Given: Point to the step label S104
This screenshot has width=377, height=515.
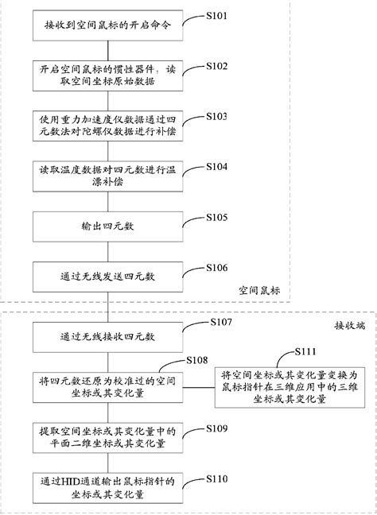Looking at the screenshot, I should click(217, 167).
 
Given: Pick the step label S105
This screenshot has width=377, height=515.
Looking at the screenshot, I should click(217, 217).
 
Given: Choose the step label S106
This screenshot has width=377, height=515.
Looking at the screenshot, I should click(217, 268).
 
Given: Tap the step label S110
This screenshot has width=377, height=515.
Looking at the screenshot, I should click(217, 478).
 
